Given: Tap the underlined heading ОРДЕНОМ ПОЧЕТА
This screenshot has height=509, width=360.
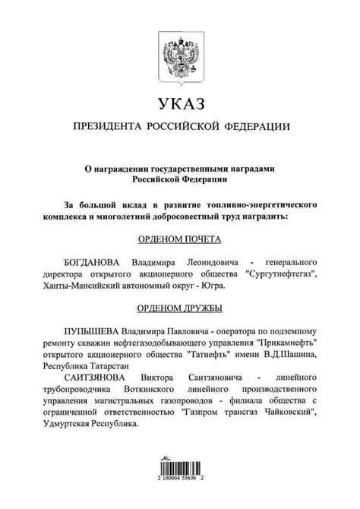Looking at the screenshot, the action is pyautogui.click(x=179, y=238).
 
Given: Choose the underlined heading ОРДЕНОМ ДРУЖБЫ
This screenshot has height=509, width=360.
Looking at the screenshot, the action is pyautogui.click(x=179, y=308).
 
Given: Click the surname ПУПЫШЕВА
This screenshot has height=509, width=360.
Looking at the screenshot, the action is pyautogui.click(x=96, y=331).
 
